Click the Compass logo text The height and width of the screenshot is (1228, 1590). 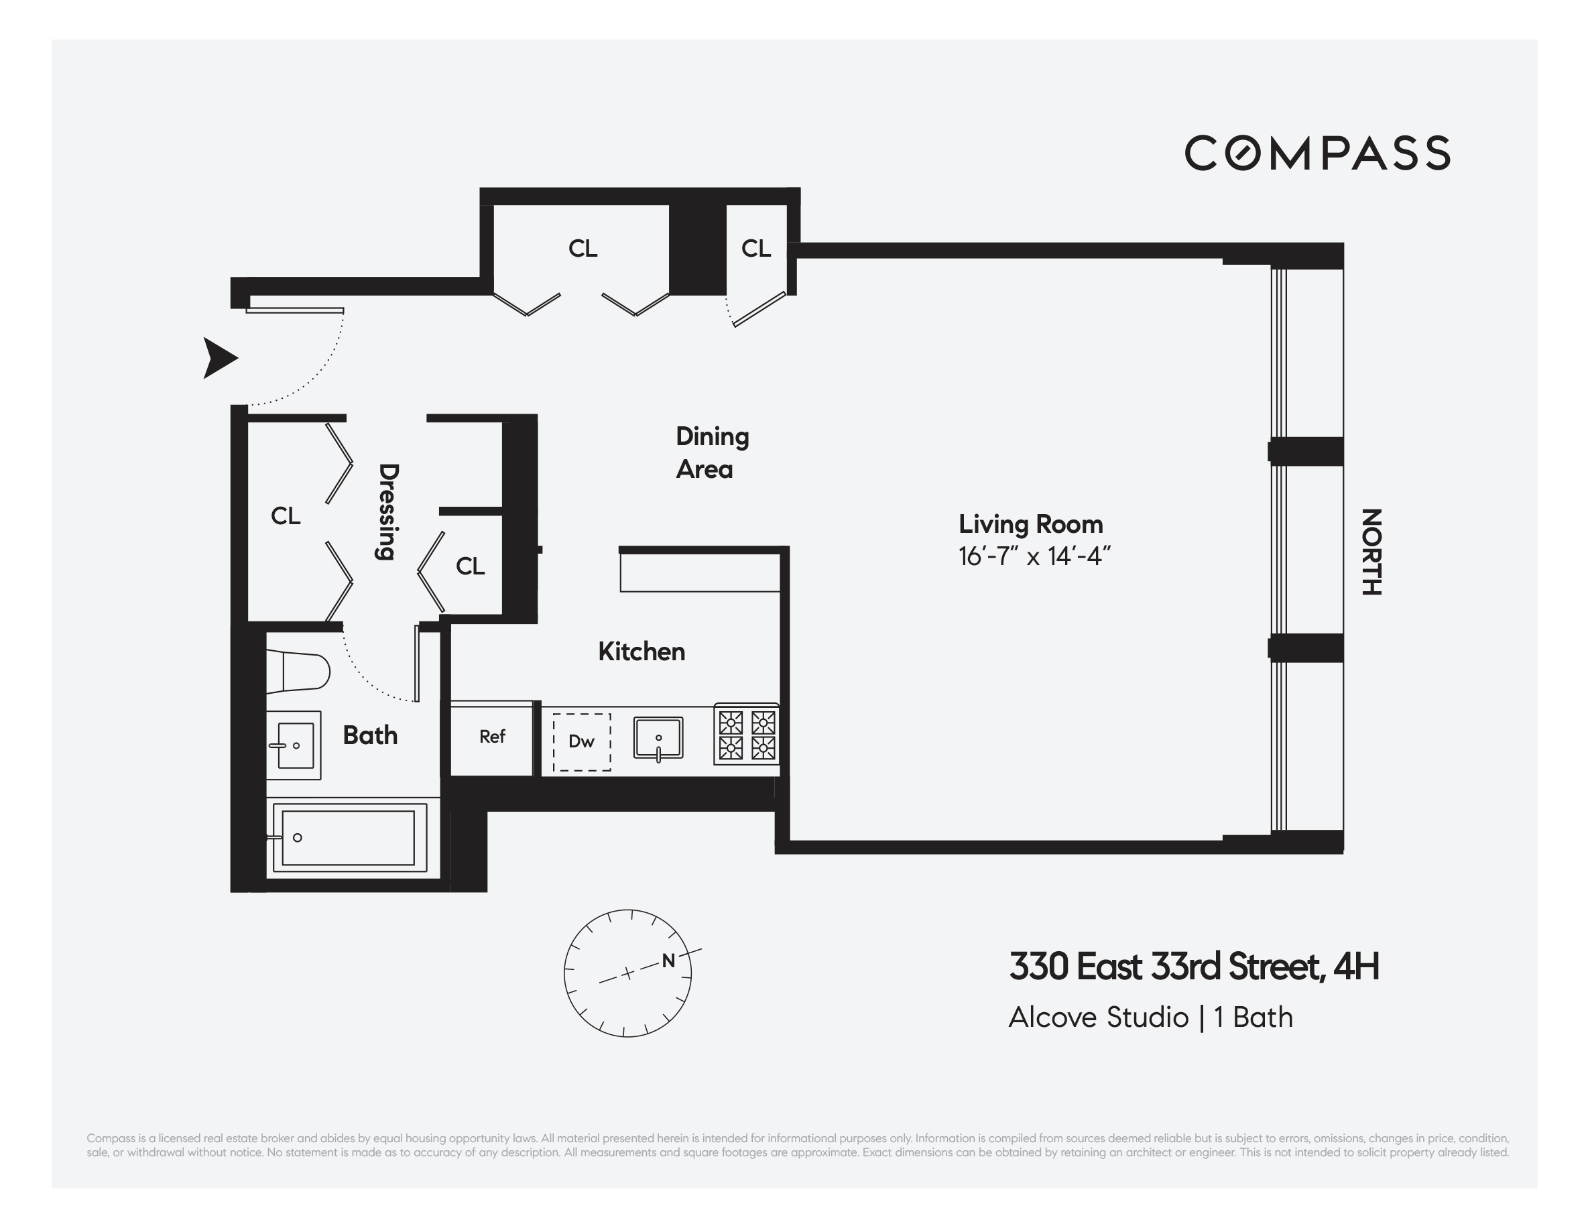[x=1317, y=153]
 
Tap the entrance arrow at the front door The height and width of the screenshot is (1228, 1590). [x=219, y=358]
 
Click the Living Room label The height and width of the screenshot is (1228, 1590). [x=1030, y=524]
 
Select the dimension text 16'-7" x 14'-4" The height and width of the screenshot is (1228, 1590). [x=1034, y=557]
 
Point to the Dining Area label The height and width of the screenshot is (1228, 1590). [x=711, y=452]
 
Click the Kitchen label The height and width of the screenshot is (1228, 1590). [x=641, y=652]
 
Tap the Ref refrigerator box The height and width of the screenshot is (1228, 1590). [x=492, y=737]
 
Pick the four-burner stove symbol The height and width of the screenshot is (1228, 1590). [x=746, y=734]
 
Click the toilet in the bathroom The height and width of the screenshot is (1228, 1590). [x=298, y=672]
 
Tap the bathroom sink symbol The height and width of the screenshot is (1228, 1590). [x=294, y=745]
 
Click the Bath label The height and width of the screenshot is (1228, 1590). [x=370, y=735]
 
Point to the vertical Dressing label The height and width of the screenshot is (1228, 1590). [x=387, y=511]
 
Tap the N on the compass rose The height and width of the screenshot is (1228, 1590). [x=668, y=961]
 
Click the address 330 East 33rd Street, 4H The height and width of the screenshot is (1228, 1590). [x=1193, y=967]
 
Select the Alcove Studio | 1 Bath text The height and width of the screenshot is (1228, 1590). [x=1150, y=1018]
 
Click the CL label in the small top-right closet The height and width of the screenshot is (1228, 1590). [x=755, y=249]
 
